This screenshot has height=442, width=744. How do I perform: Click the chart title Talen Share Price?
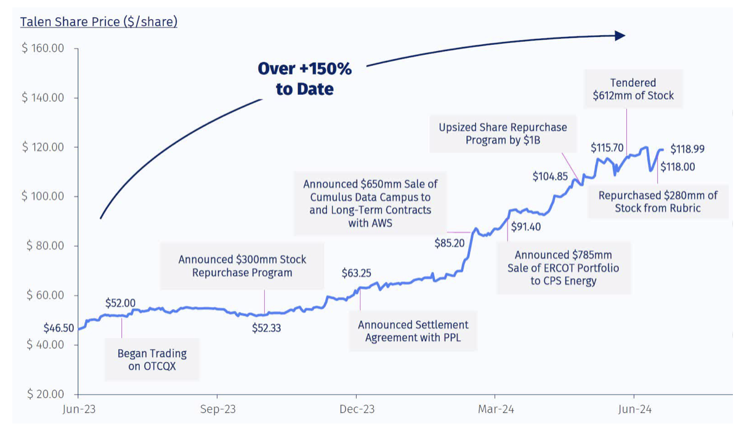(99, 22)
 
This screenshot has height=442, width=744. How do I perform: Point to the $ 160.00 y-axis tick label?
(43, 49)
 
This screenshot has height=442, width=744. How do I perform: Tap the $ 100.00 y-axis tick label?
(43, 196)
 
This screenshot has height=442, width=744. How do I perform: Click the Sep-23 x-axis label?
(217, 409)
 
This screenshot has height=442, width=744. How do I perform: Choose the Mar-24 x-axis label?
(496, 409)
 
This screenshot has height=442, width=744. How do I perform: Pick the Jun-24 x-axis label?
(634, 409)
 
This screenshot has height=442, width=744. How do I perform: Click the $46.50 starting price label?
(59, 329)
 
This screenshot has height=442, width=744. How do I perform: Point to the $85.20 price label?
(450, 243)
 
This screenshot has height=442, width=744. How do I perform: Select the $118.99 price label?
(687, 149)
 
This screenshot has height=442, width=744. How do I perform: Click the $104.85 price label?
(551, 177)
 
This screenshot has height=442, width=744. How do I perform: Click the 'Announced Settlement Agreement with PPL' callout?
(413, 331)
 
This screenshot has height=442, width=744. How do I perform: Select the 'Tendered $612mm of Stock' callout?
(633, 89)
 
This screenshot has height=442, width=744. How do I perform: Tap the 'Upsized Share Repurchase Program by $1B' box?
(503, 134)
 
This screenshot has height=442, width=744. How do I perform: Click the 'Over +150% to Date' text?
(304, 79)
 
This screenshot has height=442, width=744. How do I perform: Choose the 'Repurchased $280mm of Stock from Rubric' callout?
(658, 202)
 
